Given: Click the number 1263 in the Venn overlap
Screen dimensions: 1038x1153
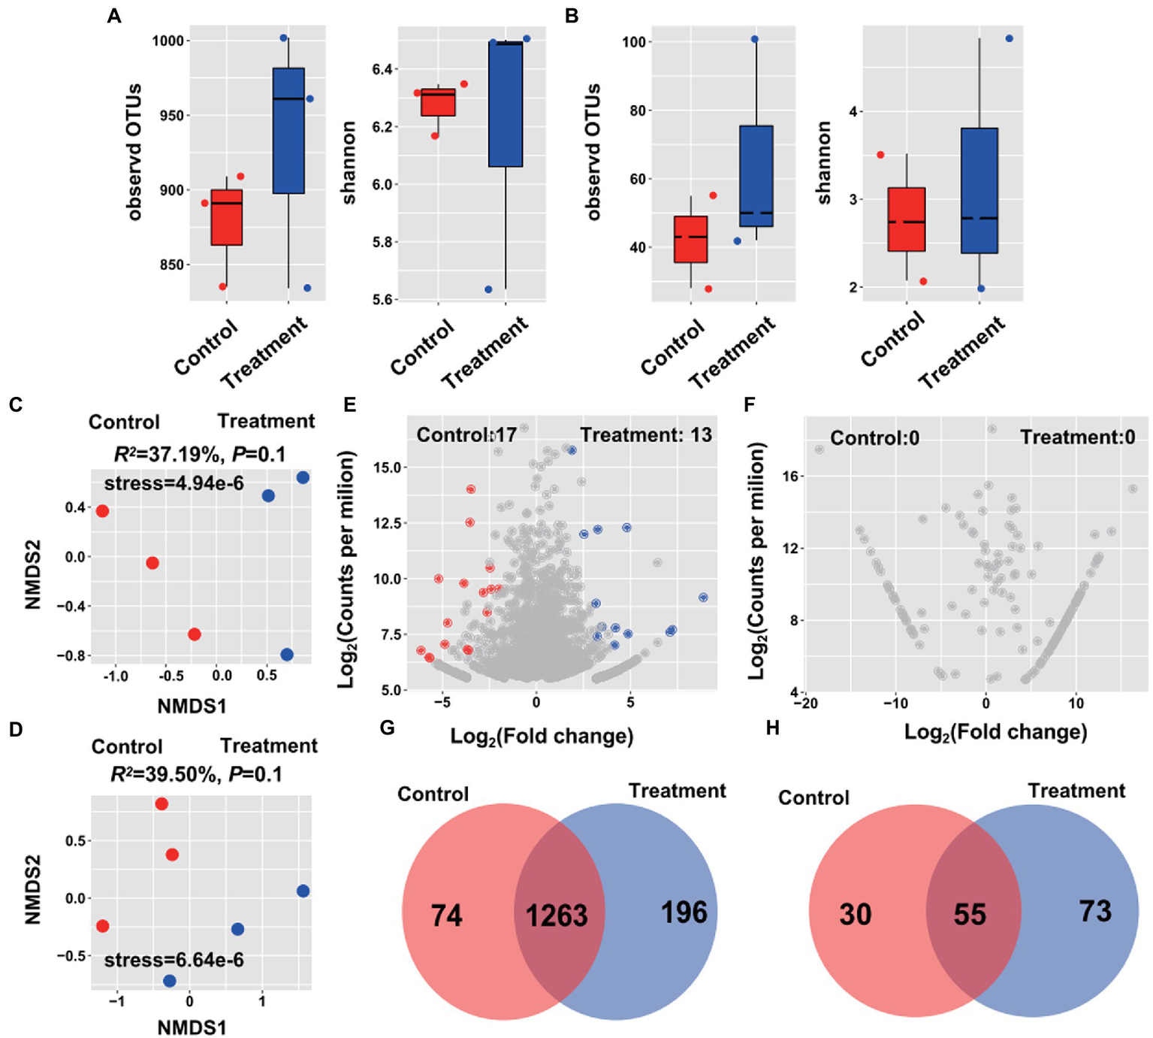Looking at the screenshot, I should (x=556, y=915).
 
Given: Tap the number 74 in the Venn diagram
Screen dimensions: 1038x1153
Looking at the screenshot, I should (x=446, y=915).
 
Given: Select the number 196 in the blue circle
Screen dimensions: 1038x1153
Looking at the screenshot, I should (x=684, y=912).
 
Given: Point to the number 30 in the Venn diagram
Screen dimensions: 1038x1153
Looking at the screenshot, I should (x=855, y=914).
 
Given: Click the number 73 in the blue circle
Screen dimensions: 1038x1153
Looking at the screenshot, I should (x=1095, y=911).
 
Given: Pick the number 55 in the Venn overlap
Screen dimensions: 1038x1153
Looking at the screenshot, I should (x=969, y=914).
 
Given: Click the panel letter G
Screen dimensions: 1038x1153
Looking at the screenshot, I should (x=388, y=728).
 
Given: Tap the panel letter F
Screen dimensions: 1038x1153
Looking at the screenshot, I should (x=749, y=405).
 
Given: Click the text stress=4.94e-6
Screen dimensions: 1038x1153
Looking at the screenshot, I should (x=174, y=483).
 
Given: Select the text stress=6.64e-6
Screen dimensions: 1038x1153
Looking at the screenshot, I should (x=174, y=960).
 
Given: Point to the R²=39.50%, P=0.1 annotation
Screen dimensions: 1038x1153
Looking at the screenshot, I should (x=196, y=773).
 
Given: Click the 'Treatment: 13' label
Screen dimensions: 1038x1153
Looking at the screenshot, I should (x=646, y=434).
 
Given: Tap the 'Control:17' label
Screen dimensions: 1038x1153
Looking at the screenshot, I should (x=466, y=434).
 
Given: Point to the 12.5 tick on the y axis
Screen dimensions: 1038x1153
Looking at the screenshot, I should (x=389, y=522).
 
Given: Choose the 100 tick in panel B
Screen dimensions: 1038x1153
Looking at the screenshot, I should (x=634, y=41).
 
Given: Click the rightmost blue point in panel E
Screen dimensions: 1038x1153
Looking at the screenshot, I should (x=703, y=598).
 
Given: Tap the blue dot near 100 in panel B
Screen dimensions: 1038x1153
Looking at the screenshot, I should (x=755, y=39).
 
